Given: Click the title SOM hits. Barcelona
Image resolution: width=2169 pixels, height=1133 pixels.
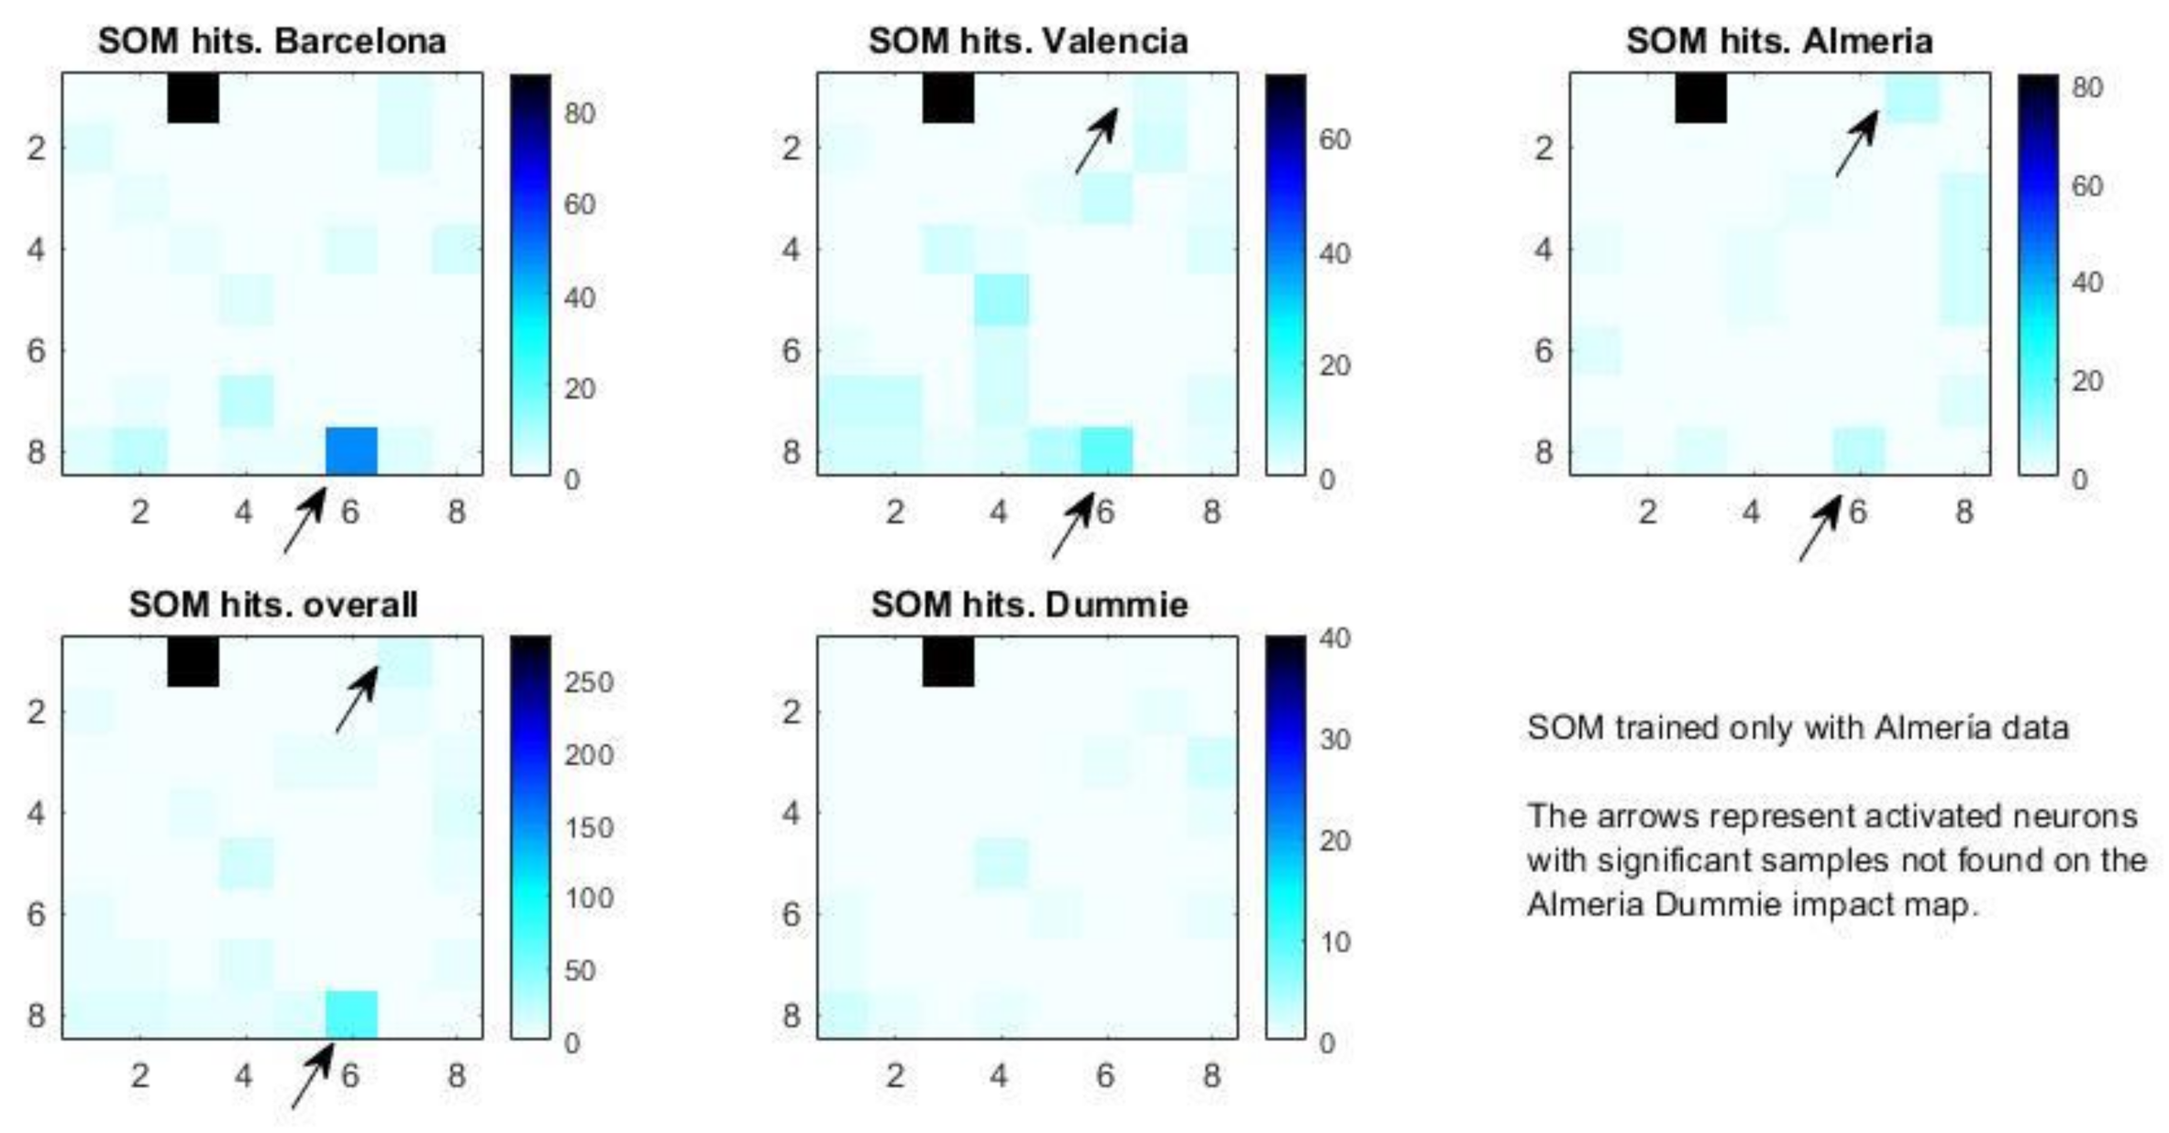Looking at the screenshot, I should (x=271, y=41).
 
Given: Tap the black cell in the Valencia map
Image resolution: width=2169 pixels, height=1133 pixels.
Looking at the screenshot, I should (x=947, y=97).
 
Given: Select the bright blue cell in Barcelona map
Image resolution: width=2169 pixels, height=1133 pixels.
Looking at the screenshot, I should (x=351, y=450).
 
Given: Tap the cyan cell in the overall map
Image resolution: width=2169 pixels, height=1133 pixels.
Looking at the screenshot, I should (x=351, y=1015).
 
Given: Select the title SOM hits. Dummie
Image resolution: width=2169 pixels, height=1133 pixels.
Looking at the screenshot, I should (x=1029, y=605).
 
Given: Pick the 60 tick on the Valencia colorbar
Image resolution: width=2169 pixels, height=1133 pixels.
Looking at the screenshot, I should (x=1334, y=139).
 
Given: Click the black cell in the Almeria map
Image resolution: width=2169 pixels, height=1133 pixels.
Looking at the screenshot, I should (x=1700, y=97).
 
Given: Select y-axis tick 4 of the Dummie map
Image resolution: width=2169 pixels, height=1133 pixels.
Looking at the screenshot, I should (x=791, y=813).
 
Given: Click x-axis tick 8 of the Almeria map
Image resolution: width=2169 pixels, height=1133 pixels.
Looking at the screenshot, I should (x=1963, y=511).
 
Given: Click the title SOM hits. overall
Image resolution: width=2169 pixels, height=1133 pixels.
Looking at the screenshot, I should (x=272, y=605).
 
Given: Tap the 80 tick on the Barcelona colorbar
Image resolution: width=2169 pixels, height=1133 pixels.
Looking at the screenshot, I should (x=580, y=114).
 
